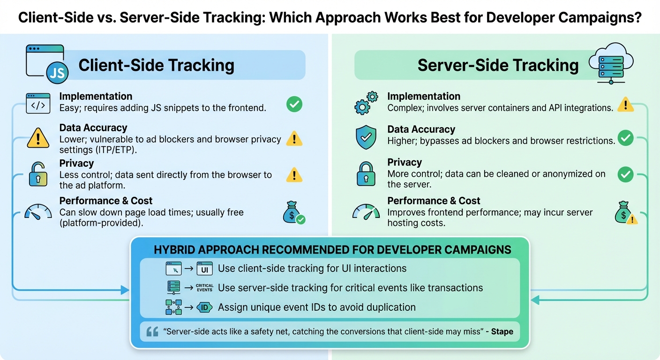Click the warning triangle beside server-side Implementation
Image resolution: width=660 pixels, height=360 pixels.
[625, 104]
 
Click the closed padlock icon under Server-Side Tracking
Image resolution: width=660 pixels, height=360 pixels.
[366, 174]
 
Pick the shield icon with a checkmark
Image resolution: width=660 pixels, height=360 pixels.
[366, 136]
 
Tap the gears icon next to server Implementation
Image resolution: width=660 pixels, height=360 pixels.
[366, 103]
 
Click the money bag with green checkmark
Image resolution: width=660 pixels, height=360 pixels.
[294, 213]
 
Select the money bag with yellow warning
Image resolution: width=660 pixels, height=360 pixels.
[626, 214]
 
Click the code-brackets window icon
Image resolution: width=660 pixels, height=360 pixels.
[38, 104]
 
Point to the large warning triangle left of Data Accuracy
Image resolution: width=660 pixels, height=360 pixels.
[38, 138]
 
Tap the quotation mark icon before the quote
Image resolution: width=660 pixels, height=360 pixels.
[152, 332]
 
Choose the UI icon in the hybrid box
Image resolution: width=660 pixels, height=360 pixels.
[205, 269]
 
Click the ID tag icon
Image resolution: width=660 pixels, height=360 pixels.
[205, 307]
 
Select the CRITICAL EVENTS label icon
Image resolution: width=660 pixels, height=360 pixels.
[205, 287]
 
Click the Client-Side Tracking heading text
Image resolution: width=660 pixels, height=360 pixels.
[156, 65]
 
